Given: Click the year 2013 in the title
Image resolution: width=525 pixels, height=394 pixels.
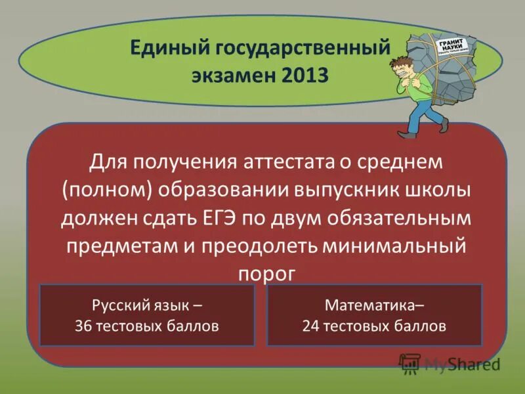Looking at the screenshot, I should coord(305,75).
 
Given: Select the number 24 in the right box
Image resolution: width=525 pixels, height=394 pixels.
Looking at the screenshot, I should coord(310,326).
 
